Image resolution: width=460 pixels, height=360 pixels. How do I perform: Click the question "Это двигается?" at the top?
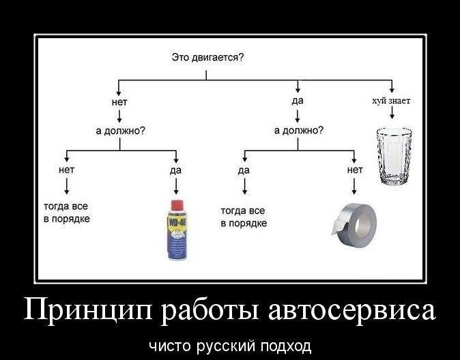coord(208,59)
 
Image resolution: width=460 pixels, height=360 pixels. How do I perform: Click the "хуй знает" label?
coord(391,101)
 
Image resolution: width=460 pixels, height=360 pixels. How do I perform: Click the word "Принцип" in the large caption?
coord(88,311)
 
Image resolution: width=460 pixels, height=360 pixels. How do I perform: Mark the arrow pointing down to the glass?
coord(392,116)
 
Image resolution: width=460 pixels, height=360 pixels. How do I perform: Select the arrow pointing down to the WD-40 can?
coord(177,186)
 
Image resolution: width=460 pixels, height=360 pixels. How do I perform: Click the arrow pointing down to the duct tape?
coord(354,185)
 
